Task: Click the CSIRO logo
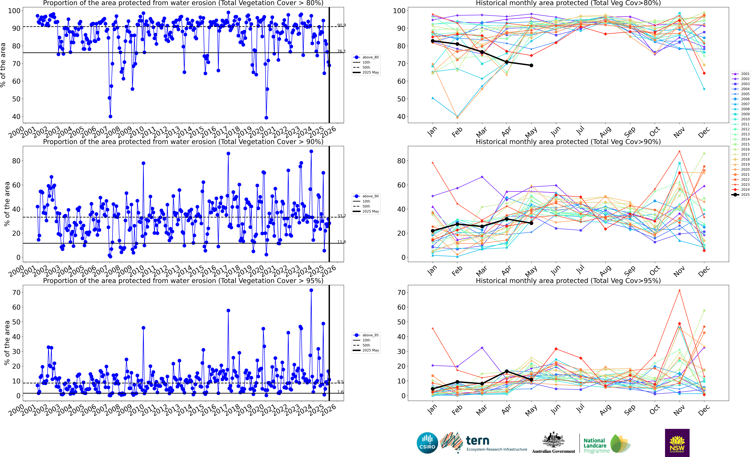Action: click(427, 443)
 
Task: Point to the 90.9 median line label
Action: click(341, 25)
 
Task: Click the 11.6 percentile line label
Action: click(341, 242)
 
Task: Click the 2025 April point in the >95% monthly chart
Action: click(507, 371)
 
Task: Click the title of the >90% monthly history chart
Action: click(568, 142)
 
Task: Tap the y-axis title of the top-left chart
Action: click(3, 65)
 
